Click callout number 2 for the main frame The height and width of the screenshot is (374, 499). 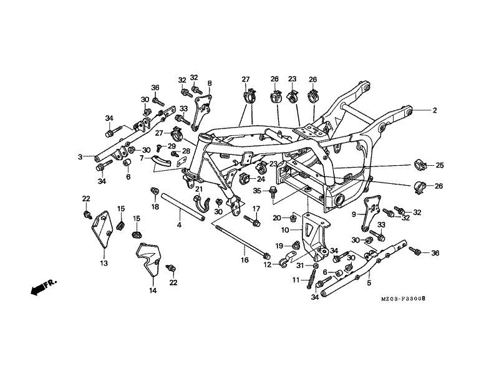435,110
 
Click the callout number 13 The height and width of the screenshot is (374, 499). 104,263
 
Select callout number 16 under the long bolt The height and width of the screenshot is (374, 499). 245,260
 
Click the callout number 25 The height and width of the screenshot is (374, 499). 440,165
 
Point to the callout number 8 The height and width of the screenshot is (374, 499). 210,83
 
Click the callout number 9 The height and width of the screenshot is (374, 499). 354,214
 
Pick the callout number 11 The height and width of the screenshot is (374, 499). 297,280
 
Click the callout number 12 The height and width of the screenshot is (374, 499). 267,265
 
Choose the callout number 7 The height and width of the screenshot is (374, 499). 142,158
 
